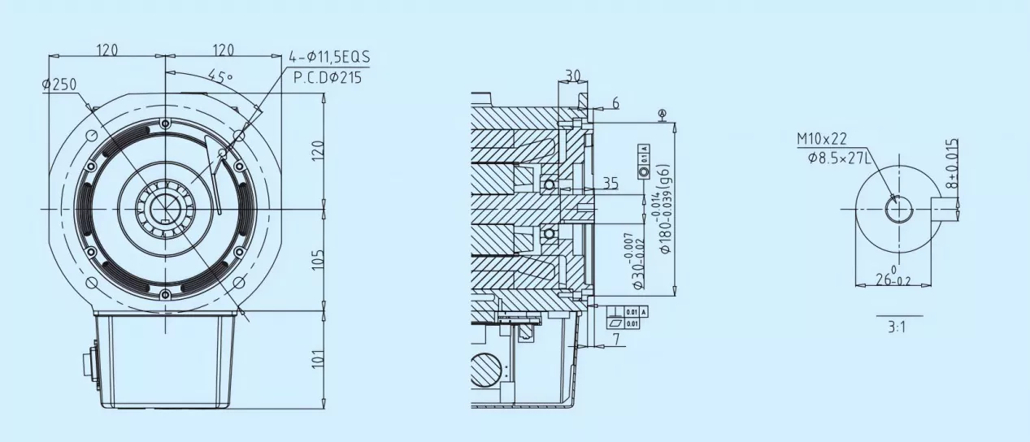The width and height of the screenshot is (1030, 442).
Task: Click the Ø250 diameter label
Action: coord(59,84)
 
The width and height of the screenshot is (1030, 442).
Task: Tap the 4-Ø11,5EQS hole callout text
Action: coord(329,58)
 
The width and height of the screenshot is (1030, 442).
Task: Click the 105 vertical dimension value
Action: coord(319,260)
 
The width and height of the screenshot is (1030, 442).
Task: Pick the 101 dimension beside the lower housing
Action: coord(319,358)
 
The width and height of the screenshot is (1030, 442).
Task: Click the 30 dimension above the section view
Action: coord(572,75)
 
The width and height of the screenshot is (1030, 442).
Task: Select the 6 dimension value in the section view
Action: coord(615,102)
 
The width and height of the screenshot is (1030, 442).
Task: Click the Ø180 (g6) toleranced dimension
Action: coord(664,209)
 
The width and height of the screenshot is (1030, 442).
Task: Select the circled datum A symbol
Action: coord(663,113)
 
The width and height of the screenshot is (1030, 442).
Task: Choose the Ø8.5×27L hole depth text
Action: coord(840,158)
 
